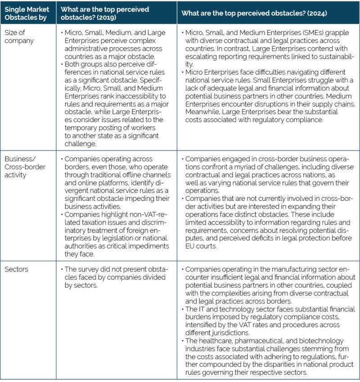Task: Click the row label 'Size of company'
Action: click(x=18, y=37)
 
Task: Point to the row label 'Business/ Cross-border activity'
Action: click(x=22, y=166)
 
